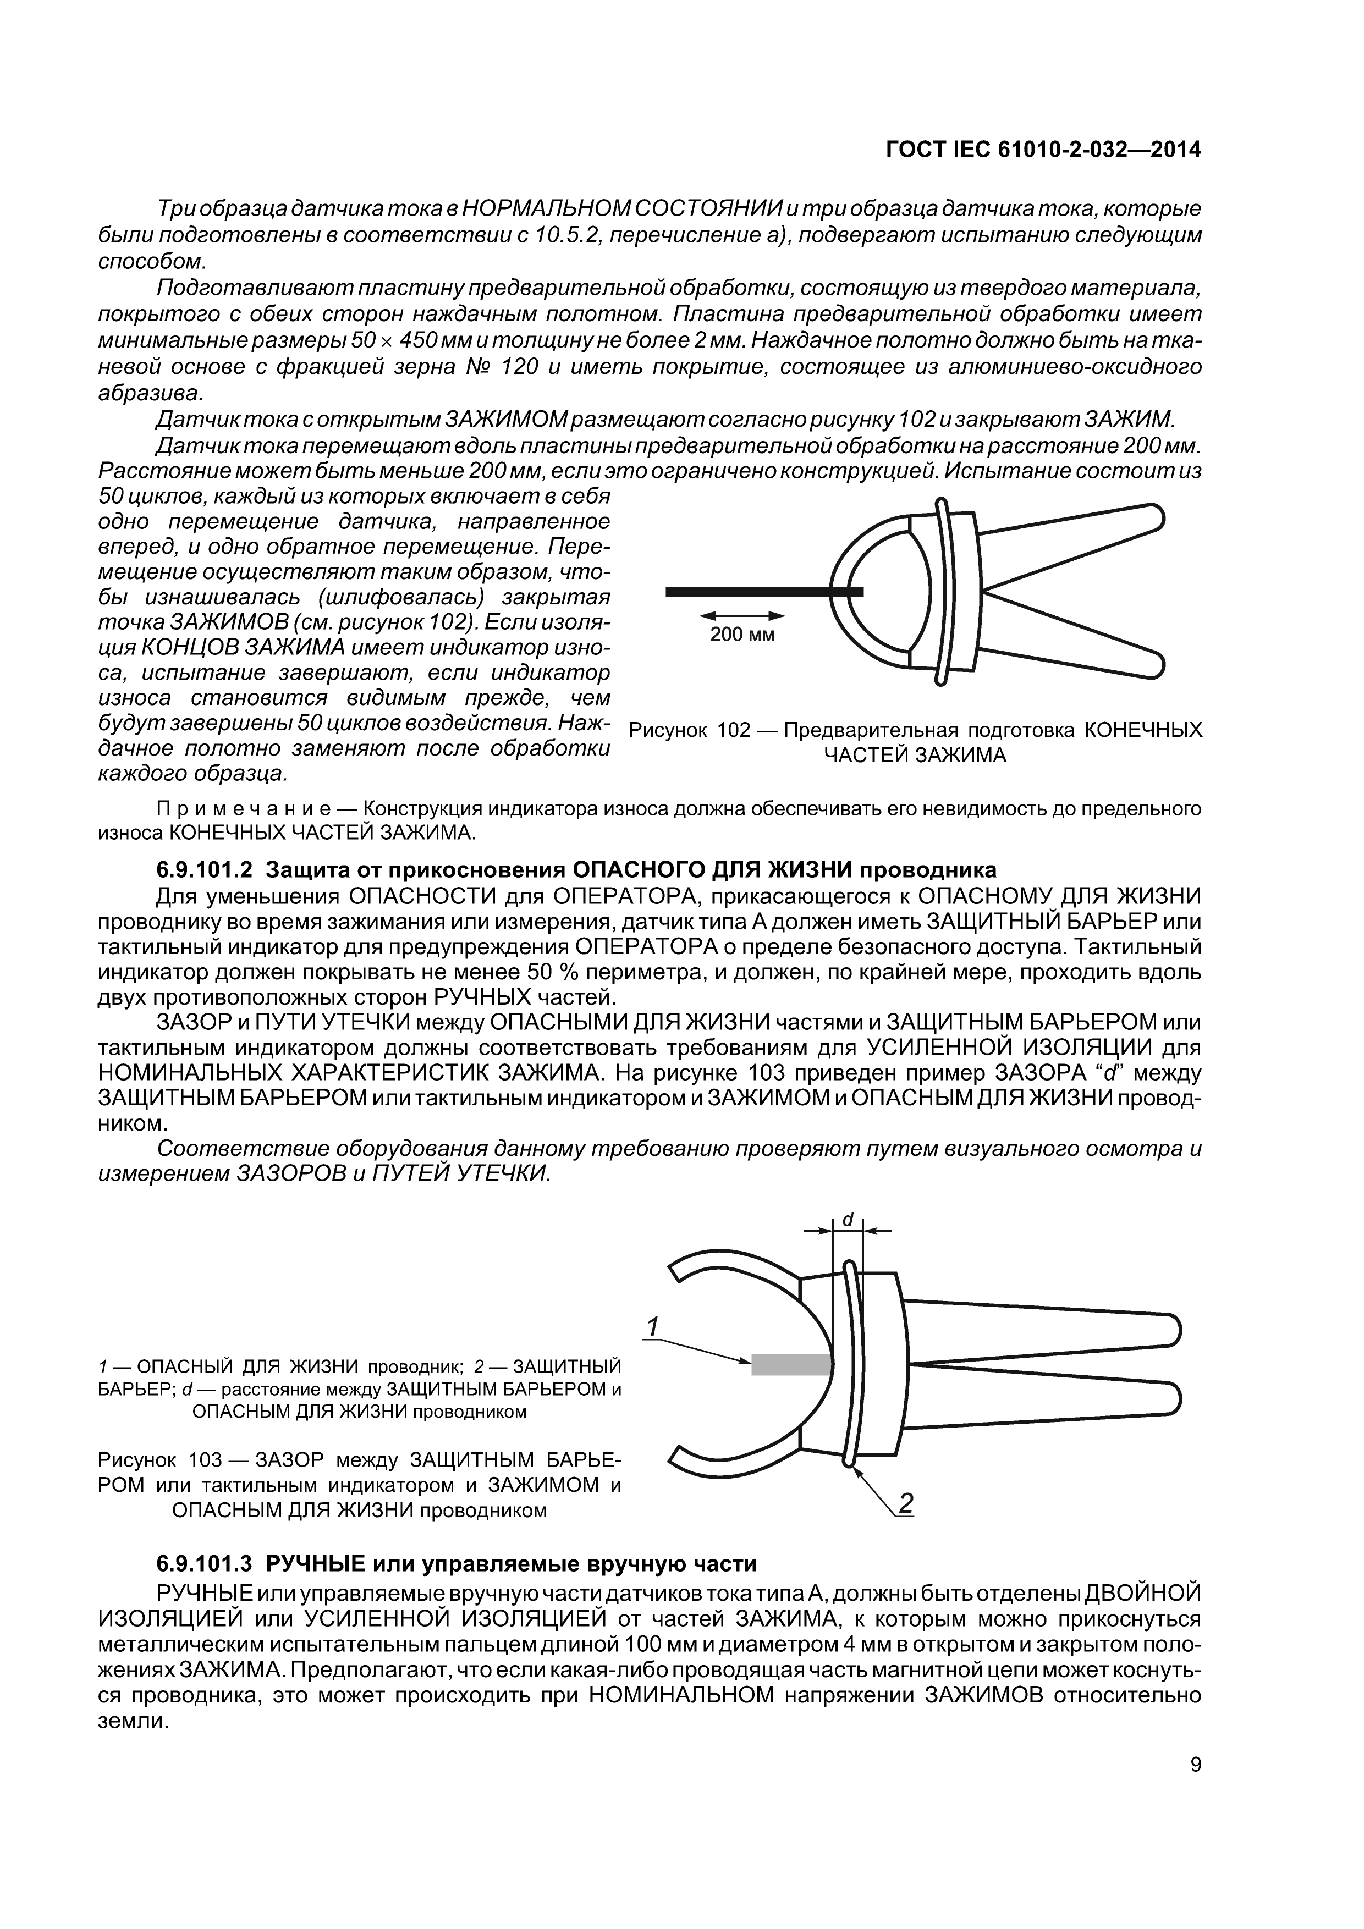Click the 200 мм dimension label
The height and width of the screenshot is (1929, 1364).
tap(742, 635)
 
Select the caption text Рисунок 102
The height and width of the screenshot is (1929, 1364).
tap(689, 730)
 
